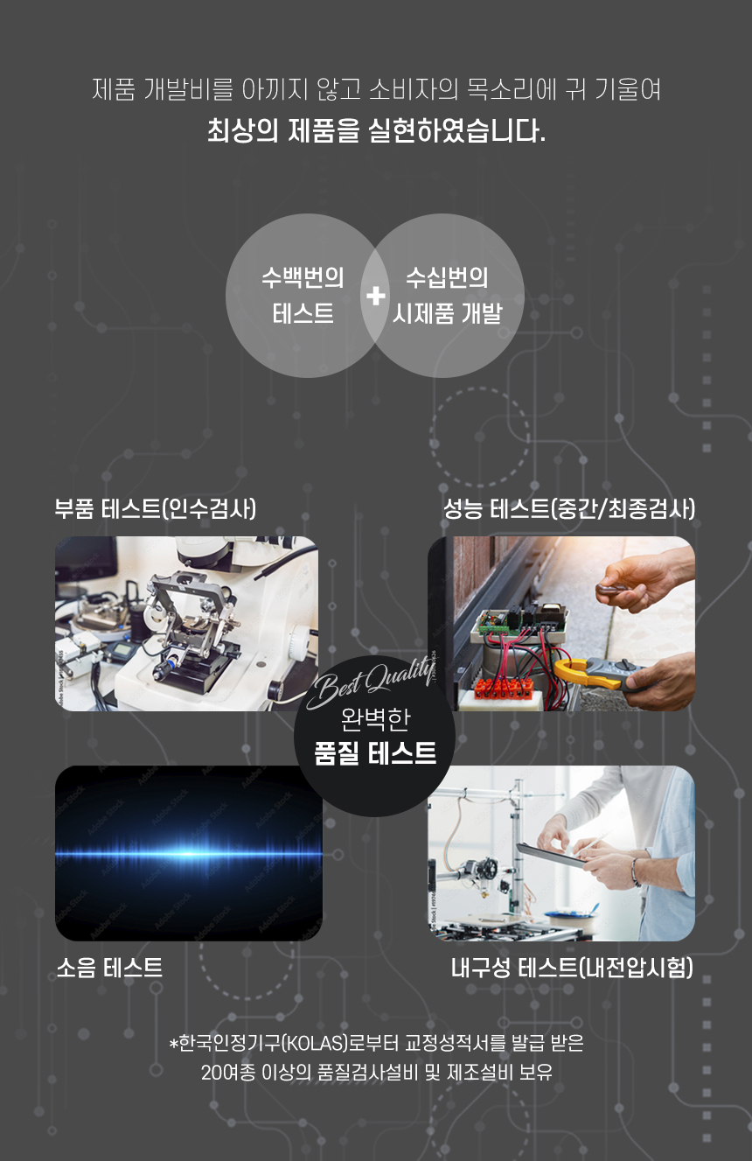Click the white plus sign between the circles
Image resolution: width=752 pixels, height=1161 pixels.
[x=375, y=296]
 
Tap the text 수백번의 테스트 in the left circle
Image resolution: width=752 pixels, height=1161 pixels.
[x=303, y=296]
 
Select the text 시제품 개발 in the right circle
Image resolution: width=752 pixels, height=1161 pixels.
[x=448, y=313]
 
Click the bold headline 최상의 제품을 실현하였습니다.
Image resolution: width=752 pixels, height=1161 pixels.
[x=376, y=130]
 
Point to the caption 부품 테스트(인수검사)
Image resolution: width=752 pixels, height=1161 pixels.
[x=156, y=508]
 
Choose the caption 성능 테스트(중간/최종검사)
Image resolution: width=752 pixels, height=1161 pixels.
[x=569, y=508]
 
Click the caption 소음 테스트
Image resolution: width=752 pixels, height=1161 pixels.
[x=109, y=967]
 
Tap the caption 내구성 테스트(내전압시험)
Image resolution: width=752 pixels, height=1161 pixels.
[x=572, y=967]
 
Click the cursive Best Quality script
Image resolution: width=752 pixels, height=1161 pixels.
[x=371, y=682]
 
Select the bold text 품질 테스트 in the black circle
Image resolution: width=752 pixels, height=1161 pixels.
[x=375, y=753]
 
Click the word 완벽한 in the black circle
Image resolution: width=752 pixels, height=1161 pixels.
[x=375, y=719]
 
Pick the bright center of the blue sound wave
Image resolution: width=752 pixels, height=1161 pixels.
[x=189, y=854]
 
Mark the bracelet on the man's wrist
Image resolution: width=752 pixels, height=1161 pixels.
[x=636, y=871]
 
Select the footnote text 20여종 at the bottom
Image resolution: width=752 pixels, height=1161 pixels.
[x=228, y=1073]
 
